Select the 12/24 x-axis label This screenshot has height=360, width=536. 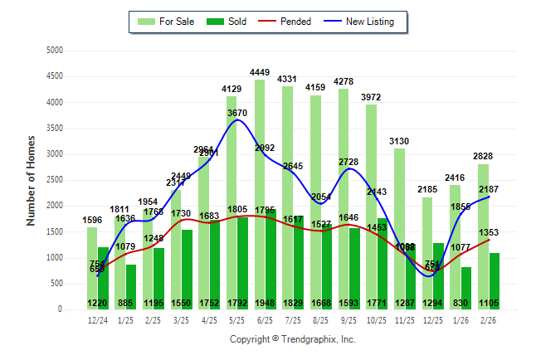(97, 319)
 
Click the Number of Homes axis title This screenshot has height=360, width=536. (32, 180)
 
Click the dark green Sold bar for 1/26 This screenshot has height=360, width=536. (467, 282)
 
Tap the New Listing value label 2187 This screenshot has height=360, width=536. (501, 190)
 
